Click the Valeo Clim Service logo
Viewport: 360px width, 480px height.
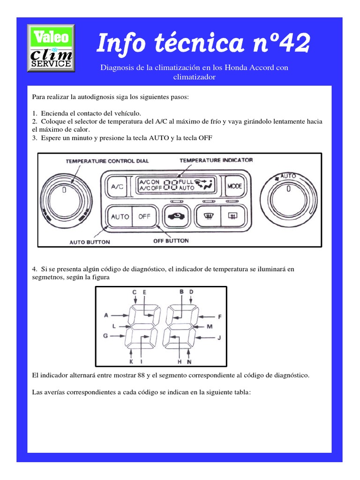tap(51, 48)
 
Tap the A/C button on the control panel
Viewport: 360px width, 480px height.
tap(117, 187)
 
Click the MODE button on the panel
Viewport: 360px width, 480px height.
tap(235, 186)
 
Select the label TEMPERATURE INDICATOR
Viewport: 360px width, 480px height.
tap(216, 160)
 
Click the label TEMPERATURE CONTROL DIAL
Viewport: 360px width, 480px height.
tap(107, 161)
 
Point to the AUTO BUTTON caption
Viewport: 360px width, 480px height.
tap(90, 242)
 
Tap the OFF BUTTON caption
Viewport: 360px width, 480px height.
tap(171, 241)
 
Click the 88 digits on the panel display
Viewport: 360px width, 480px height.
tap(171, 185)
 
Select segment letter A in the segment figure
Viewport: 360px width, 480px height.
tap(106, 315)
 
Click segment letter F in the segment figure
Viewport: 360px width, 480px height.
tap(219, 316)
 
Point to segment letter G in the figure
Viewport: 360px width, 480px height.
tap(105, 336)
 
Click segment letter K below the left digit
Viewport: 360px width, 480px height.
tap(131, 362)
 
